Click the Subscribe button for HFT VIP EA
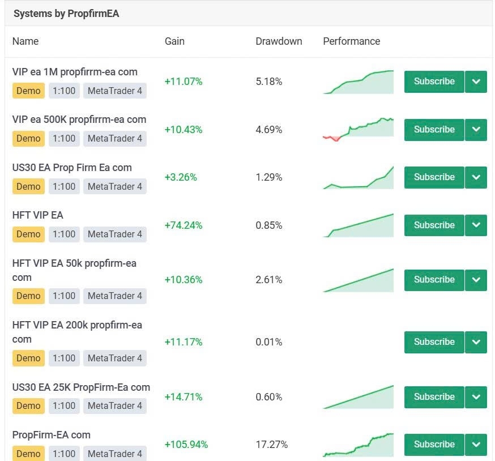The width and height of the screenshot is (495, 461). (x=434, y=225)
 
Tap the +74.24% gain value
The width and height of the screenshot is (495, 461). (x=183, y=225)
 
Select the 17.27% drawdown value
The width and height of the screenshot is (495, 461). (x=271, y=445)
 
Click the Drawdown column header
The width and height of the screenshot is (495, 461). (x=279, y=41)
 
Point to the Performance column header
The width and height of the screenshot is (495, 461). (x=351, y=41)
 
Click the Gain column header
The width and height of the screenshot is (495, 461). (x=174, y=41)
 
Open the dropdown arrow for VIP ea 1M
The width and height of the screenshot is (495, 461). (x=476, y=82)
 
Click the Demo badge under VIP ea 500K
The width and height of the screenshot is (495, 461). (x=28, y=138)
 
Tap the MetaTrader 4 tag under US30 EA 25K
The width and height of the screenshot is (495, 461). (x=114, y=405)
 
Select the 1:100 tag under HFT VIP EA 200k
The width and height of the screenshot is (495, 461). (x=63, y=358)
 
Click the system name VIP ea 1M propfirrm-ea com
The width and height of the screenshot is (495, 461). (x=75, y=72)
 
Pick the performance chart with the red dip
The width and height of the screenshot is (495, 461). (x=358, y=129)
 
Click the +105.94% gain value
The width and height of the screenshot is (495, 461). (x=186, y=445)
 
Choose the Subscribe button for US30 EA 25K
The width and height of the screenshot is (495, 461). (x=434, y=397)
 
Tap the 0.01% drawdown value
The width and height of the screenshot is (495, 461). (x=268, y=342)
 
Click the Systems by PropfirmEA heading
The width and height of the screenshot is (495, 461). (x=66, y=14)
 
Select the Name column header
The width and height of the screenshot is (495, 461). (x=25, y=41)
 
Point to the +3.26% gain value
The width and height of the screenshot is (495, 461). (x=181, y=177)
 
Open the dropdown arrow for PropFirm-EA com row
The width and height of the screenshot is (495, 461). (x=476, y=445)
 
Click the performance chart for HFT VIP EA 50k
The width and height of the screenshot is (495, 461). (x=358, y=280)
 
